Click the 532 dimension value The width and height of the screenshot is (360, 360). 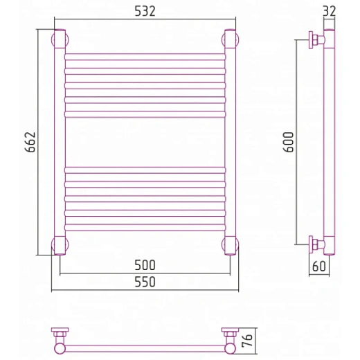pyautogui.click(x=145, y=11)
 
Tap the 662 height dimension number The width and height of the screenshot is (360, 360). pyautogui.click(x=30, y=142)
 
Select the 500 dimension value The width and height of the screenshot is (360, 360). pyautogui.click(x=145, y=265)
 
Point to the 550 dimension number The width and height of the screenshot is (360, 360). pyautogui.click(x=145, y=282)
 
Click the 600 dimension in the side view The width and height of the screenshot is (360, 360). pyautogui.click(x=289, y=142)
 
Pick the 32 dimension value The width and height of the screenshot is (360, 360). pyautogui.click(x=329, y=11)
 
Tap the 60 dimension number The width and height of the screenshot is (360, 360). pyautogui.click(x=319, y=266)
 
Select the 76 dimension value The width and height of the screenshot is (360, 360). pyautogui.click(x=247, y=341)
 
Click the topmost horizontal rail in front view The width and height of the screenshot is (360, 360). pyautogui.click(x=145, y=57)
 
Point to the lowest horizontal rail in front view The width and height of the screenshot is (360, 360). pyautogui.click(x=145, y=227)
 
